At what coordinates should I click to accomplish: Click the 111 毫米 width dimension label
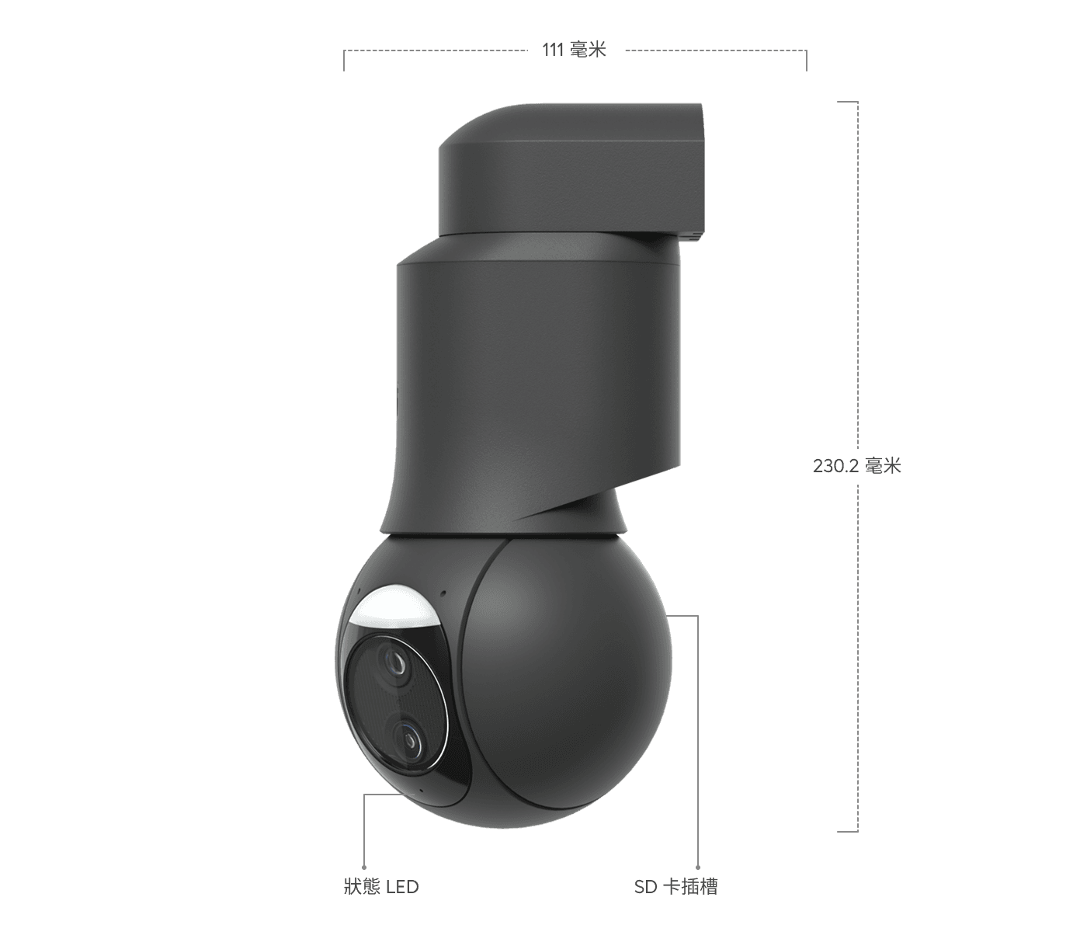pos(574,50)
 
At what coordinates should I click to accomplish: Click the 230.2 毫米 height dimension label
pos(856,466)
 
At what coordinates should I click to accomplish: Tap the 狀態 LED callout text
pos(381,886)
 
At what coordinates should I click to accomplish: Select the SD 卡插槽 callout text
pos(675,886)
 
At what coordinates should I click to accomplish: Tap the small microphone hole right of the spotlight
pos(443,595)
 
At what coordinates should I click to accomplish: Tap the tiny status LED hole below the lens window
pos(420,791)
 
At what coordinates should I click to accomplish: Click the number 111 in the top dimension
pos(552,50)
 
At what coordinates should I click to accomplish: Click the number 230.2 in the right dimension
pos(835,466)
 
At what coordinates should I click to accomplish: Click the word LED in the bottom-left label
pos(402,886)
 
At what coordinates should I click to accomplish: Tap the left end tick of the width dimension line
pos(344,61)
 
